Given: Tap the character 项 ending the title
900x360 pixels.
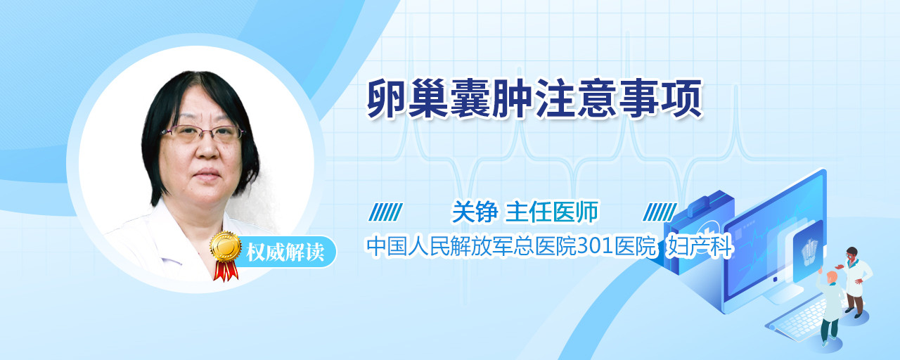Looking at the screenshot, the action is pos(681,99).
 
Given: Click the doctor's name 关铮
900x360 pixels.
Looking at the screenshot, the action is pos(475,212).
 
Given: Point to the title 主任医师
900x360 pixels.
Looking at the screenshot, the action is pos(552,212).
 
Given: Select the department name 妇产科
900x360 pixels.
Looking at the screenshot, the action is pos(700,246).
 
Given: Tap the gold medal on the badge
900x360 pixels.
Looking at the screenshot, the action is pos(226,246).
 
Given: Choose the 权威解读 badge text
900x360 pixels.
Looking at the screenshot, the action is pos(285,252).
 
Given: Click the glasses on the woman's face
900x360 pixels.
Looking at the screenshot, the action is pos(203,133).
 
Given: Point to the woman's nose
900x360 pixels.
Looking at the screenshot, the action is pos(207,148).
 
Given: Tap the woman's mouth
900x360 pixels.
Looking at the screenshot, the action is pos(207,174).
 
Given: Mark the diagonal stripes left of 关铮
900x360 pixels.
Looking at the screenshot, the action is pos(386,212).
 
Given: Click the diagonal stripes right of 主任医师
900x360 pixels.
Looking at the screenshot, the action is pos(660,212).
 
